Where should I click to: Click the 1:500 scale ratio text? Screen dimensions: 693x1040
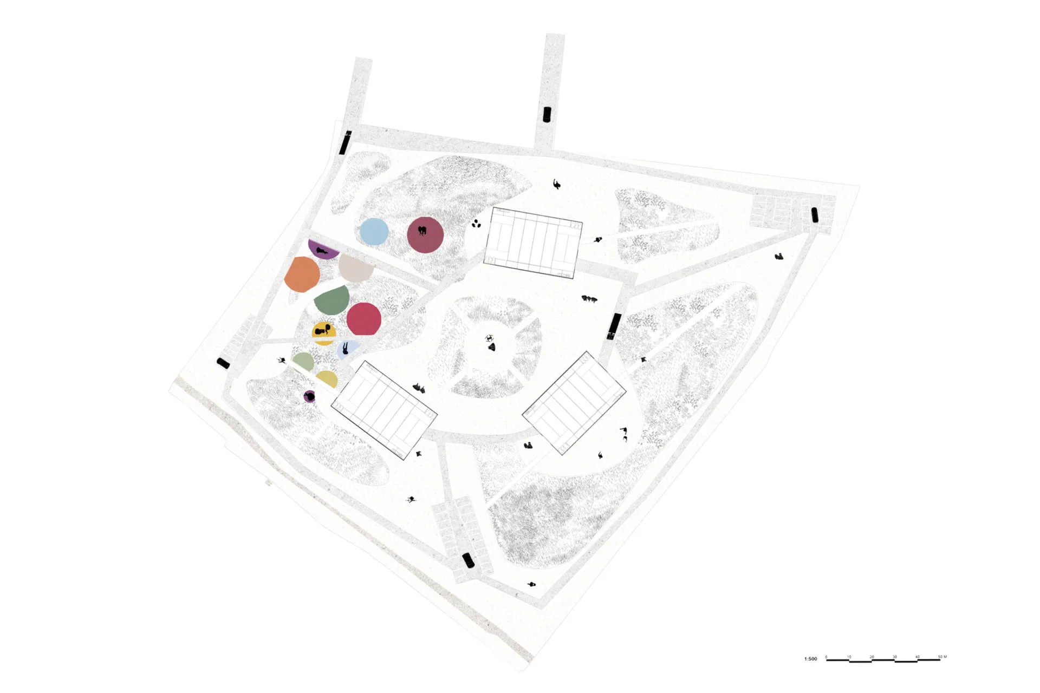(x=810, y=659)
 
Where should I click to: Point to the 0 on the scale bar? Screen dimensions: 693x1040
(x=826, y=657)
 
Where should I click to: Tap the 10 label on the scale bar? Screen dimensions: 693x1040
(x=849, y=657)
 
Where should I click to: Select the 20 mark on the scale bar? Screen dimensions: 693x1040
(x=872, y=657)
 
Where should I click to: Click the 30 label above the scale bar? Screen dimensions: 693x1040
(x=894, y=657)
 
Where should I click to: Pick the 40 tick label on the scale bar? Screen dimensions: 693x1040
(x=917, y=657)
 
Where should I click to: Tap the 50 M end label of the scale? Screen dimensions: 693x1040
(x=942, y=657)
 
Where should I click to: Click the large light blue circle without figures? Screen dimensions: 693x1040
(x=374, y=231)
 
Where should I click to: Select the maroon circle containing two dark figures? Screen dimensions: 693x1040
(x=425, y=235)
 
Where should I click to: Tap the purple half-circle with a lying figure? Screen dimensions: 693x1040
(x=323, y=250)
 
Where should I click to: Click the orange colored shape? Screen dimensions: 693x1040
(x=302, y=274)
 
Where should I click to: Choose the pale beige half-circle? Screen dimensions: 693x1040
(x=354, y=268)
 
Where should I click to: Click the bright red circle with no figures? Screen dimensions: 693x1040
(x=363, y=319)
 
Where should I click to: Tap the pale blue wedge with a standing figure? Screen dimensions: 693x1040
(x=346, y=349)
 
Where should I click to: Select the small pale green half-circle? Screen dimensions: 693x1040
(x=303, y=361)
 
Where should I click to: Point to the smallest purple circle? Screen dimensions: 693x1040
(x=309, y=397)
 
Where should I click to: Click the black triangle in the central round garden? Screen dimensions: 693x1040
(x=491, y=347)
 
